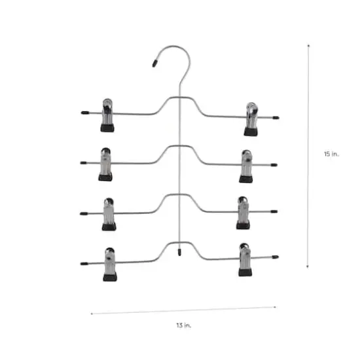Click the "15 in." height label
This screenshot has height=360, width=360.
pos(331,154)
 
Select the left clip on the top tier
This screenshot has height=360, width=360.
pos(107,115)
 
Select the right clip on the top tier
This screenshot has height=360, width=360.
pos(251,118)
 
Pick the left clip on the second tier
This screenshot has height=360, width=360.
pos(105,164)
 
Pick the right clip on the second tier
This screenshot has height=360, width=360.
pos(246,166)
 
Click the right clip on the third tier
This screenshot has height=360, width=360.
pos(243,212)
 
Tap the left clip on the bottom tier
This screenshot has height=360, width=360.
pos(109,263)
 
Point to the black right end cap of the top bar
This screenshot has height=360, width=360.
pos(276,118)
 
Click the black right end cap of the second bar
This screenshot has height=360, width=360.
pos(274,165)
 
